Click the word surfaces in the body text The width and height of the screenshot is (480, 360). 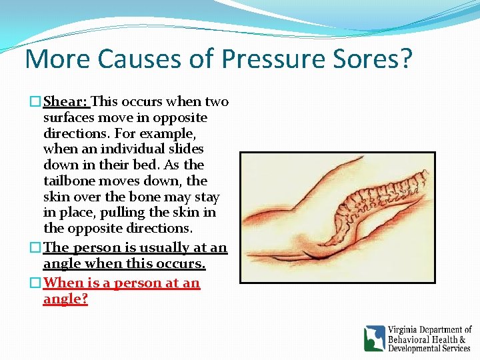pyautogui.click(x=69, y=118)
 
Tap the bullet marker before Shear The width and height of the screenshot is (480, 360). pyautogui.click(x=37, y=102)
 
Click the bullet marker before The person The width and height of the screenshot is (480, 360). pyautogui.click(x=37, y=248)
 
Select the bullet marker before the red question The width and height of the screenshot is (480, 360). pyautogui.click(x=37, y=283)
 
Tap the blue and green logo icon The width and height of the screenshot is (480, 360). pyautogui.click(x=375, y=338)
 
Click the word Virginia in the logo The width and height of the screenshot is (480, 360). pyautogui.click(x=407, y=330)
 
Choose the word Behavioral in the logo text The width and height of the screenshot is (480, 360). pyautogui.click(x=409, y=339)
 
